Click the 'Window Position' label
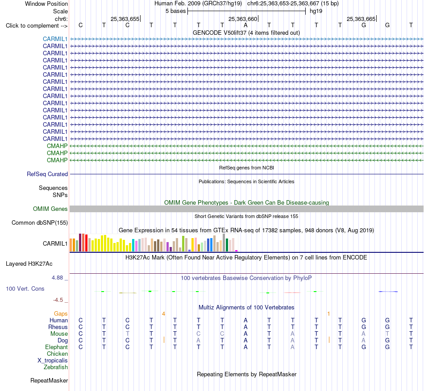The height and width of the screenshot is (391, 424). tap(46, 4)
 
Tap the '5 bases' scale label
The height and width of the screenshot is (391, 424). tap(175, 11)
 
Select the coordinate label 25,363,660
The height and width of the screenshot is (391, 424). tap(242, 19)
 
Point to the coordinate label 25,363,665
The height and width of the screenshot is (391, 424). tap(361, 19)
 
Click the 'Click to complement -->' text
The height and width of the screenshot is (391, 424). tap(37, 26)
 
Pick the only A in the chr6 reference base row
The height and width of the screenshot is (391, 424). tap(245, 25)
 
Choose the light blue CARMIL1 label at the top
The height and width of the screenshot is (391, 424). tap(55, 39)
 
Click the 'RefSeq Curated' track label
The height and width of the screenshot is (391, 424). tap(47, 174)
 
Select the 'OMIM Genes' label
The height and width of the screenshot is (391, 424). tap(50, 209)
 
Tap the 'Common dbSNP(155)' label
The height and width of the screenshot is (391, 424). tap(39, 223)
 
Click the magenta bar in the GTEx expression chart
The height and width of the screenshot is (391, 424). tap(237, 251)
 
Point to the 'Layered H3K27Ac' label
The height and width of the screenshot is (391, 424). tap(29, 264)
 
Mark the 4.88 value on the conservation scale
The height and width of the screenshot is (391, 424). tap(57, 278)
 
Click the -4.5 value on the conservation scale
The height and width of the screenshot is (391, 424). tap(58, 300)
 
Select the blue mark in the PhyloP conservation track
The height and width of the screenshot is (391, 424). tap(388, 292)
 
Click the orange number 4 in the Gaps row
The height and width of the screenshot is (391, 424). tap(163, 314)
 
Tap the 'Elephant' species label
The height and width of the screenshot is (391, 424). tap(56, 347)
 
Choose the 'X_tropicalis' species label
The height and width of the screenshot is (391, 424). tap(53, 361)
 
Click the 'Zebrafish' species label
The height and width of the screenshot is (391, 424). tap(56, 367)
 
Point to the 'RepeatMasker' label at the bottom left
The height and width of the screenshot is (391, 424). tap(49, 380)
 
